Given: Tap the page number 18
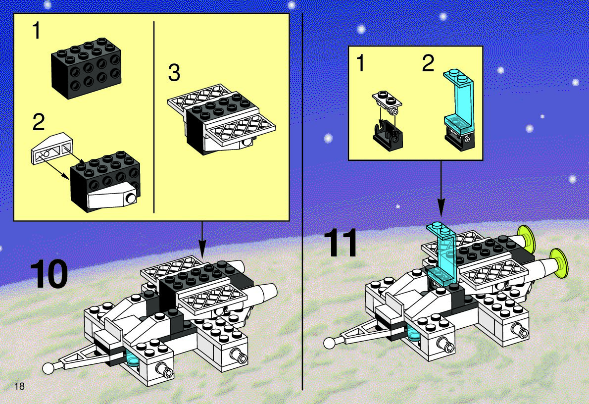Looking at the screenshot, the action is pyautogui.click(x=19, y=386).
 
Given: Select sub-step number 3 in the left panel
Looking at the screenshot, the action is pyautogui.click(x=174, y=73).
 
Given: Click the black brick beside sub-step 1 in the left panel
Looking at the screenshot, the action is pyautogui.click(x=86, y=68).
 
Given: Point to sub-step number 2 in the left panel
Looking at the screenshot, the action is pyautogui.click(x=39, y=122).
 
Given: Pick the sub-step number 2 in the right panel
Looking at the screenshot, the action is pyautogui.click(x=428, y=63).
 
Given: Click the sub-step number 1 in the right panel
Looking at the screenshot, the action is pyautogui.click(x=360, y=63).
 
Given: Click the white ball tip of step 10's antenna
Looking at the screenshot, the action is pyautogui.click(x=48, y=368).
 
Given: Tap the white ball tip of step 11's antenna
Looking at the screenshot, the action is pyautogui.click(x=330, y=343).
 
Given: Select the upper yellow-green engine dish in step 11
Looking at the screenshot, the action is pyautogui.click(x=527, y=240).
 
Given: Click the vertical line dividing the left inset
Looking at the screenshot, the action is pyautogui.click(x=154, y=117).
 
